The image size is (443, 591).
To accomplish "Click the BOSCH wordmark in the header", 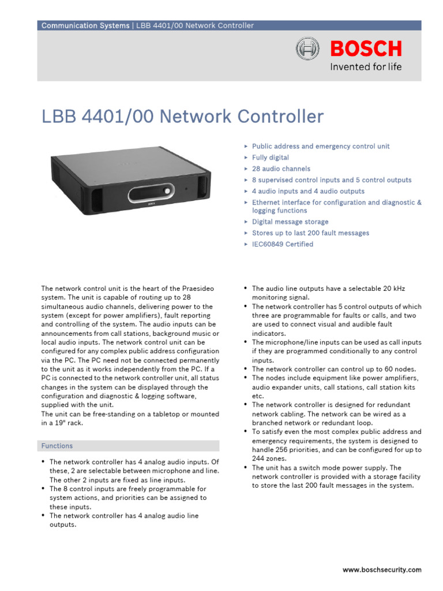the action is pos(366,48).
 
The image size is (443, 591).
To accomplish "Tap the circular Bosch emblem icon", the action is pos(307,49).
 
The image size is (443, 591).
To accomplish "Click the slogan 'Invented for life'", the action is pos(365,66).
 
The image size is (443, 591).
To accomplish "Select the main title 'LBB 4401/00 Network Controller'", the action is pos(182,117).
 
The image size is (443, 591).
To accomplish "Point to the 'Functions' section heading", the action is pos(57,446).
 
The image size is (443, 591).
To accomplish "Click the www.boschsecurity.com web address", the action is pos(382,570).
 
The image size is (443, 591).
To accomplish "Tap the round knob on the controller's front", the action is pos(168,190).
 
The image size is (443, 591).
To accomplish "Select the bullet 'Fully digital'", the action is pos(271,158).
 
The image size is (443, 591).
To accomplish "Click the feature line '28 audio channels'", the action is pos(281,169).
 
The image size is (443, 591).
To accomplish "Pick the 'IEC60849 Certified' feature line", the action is pos(283,244).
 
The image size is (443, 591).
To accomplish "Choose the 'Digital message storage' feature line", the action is pos(290,222).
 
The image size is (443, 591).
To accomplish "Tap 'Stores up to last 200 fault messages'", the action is pos(310,233).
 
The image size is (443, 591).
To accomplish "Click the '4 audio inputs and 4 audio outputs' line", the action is pos(308,191).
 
